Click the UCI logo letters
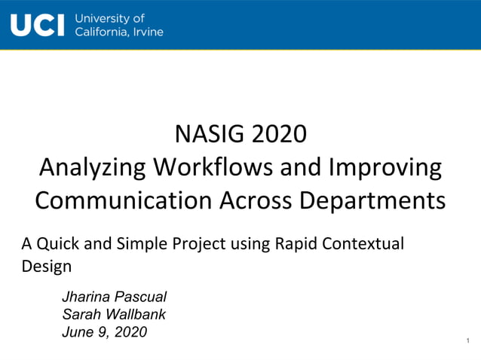(x=38, y=25)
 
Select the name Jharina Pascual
(x=114, y=297)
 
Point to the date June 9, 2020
(x=104, y=331)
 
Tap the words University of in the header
(x=110, y=18)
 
